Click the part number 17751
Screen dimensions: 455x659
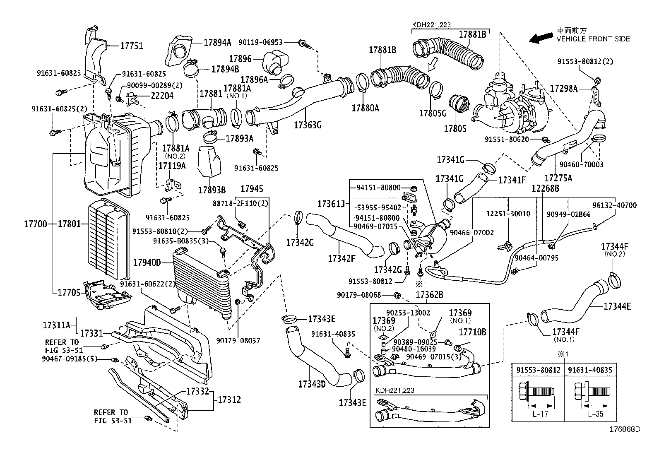tap(132, 46)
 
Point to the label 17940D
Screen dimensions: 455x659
tap(147, 262)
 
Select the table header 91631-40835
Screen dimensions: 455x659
tap(590, 370)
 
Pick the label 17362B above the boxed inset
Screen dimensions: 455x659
tap(429, 295)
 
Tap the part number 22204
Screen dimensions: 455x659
tap(162, 96)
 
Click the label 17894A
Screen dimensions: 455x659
tap(217, 42)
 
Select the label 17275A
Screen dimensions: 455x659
tap(558, 178)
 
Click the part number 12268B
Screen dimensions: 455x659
tap(546, 188)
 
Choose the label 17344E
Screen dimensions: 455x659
tap(617, 306)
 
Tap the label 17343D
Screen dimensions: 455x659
tap(312, 384)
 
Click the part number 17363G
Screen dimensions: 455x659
tap(308, 125)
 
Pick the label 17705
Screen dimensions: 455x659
tap(69, 293)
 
